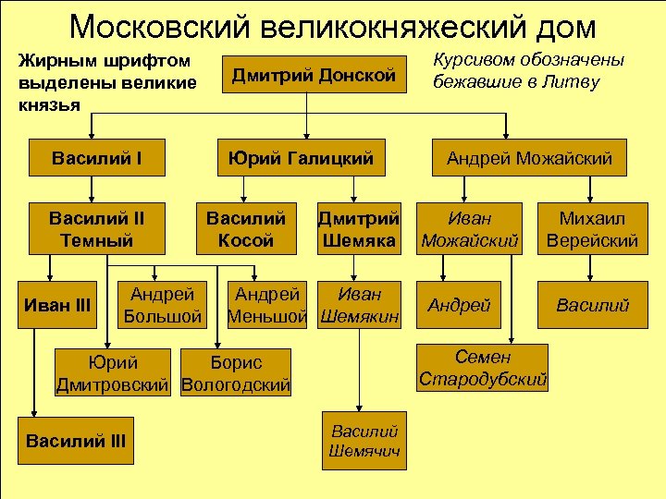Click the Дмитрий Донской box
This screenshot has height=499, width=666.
click(x=313, y=76)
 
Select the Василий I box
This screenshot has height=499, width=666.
click(x=96, y=157)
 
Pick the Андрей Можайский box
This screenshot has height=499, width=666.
click(x=529, y=158)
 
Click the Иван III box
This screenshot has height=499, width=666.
click(x=59, y=304)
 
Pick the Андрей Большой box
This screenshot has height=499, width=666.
click(x=162, y=305)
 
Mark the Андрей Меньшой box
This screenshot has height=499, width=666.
click(x=269, y=305)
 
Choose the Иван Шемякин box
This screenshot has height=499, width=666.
click(x=360, y=305)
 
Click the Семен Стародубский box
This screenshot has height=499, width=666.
click(x=483, y=367)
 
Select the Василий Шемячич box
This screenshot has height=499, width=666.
click(x=364, y=441)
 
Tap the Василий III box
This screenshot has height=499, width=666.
click(x=76, y=442)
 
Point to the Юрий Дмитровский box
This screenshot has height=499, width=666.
click(x=115, y=372)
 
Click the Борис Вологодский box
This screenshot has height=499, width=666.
click(x=237, y=372)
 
